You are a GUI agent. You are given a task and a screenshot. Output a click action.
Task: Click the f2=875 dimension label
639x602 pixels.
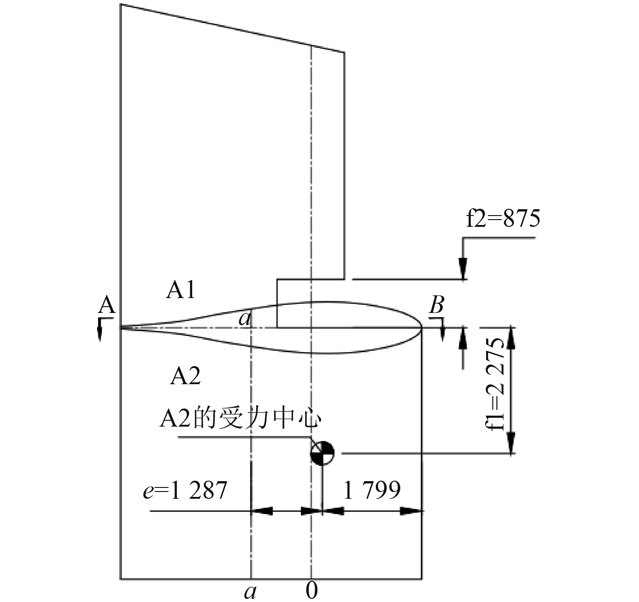click(x=503, y=219)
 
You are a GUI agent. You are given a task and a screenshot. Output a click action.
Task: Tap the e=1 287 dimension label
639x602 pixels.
click(x=185, y=490)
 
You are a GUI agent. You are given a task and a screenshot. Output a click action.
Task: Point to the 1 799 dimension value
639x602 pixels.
click(x=372, y=490)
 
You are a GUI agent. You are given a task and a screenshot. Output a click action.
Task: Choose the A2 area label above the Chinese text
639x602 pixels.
click(x=185, y=376)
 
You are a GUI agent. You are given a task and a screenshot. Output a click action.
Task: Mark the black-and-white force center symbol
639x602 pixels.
click(x=322, y=453)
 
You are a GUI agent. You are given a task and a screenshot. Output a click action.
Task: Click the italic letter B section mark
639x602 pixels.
click(x=436, y=306)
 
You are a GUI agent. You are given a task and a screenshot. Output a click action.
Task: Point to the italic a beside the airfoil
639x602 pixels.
click(x=244, y=319)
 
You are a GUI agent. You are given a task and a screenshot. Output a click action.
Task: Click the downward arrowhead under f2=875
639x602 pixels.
click(x=463, y=267)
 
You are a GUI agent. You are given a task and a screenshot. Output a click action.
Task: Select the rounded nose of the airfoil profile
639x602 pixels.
click(x=421, y=327)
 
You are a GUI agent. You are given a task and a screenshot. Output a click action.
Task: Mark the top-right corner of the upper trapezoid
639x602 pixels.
click(x=345, y=53)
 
